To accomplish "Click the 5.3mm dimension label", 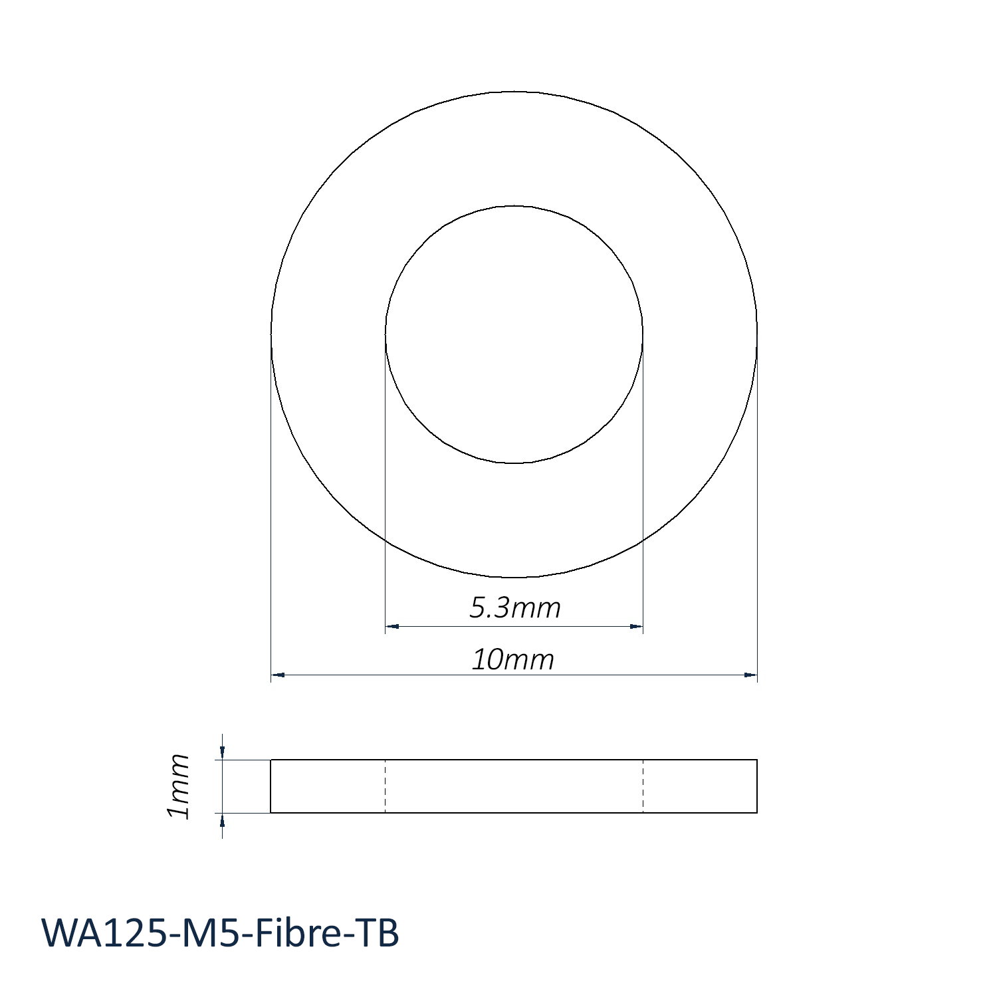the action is (x=515, y=608).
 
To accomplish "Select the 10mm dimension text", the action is (x=512, y=659).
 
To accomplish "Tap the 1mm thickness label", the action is (x=179, y=786).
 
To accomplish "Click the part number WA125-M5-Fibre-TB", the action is (x=220, y=933).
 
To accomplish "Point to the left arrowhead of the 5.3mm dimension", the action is (x=391, y=626).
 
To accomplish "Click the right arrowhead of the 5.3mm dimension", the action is (x=636, y=626).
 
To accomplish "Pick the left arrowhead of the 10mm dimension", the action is (x=278, y=675).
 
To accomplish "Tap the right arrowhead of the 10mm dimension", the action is (x=750, y=675).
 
